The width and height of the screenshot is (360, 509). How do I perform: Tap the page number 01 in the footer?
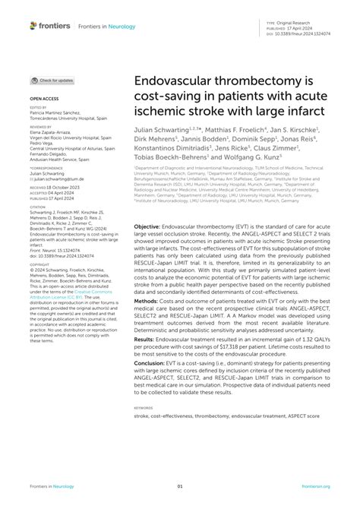tap(180, 486)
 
